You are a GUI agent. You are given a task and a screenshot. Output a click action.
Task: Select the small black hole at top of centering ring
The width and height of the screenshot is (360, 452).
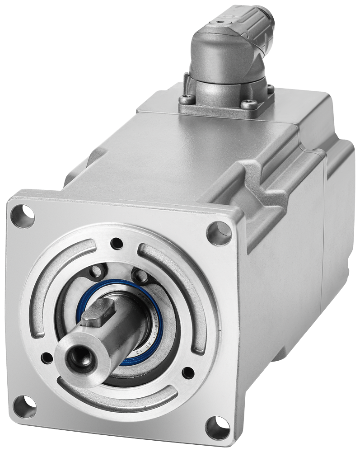tap(117, 243)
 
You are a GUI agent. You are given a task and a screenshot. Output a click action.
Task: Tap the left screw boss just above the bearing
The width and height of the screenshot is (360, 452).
tap(96, 272)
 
